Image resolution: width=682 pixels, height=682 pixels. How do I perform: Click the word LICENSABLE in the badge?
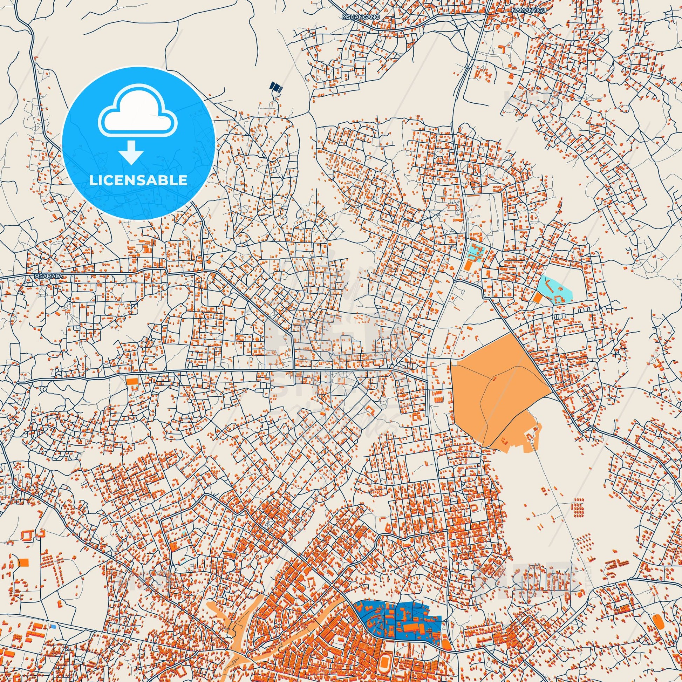pos(138,180)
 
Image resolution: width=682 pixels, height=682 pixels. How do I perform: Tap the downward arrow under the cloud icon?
pos(131,152)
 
